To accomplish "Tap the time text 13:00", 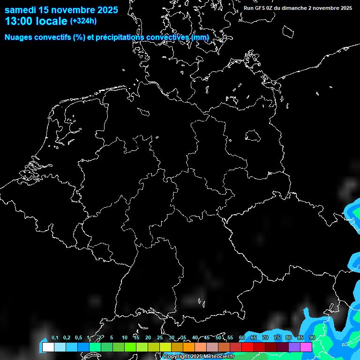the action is [18, 21].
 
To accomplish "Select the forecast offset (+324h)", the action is [84, 21].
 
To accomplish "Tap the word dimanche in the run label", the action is [298, 8].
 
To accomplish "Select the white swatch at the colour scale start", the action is [48, 347].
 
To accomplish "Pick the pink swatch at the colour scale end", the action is [306, 347].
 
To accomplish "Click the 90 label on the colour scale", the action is [312, 337].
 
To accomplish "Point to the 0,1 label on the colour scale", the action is [54, 337].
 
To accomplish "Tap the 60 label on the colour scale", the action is [241, 337].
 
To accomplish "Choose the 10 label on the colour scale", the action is [124, 337].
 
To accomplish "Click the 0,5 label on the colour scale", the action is [78, 337].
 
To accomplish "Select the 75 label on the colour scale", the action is [277, 337].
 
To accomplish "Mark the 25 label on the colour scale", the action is [159, 337].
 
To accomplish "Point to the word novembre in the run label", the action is [327, 8].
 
